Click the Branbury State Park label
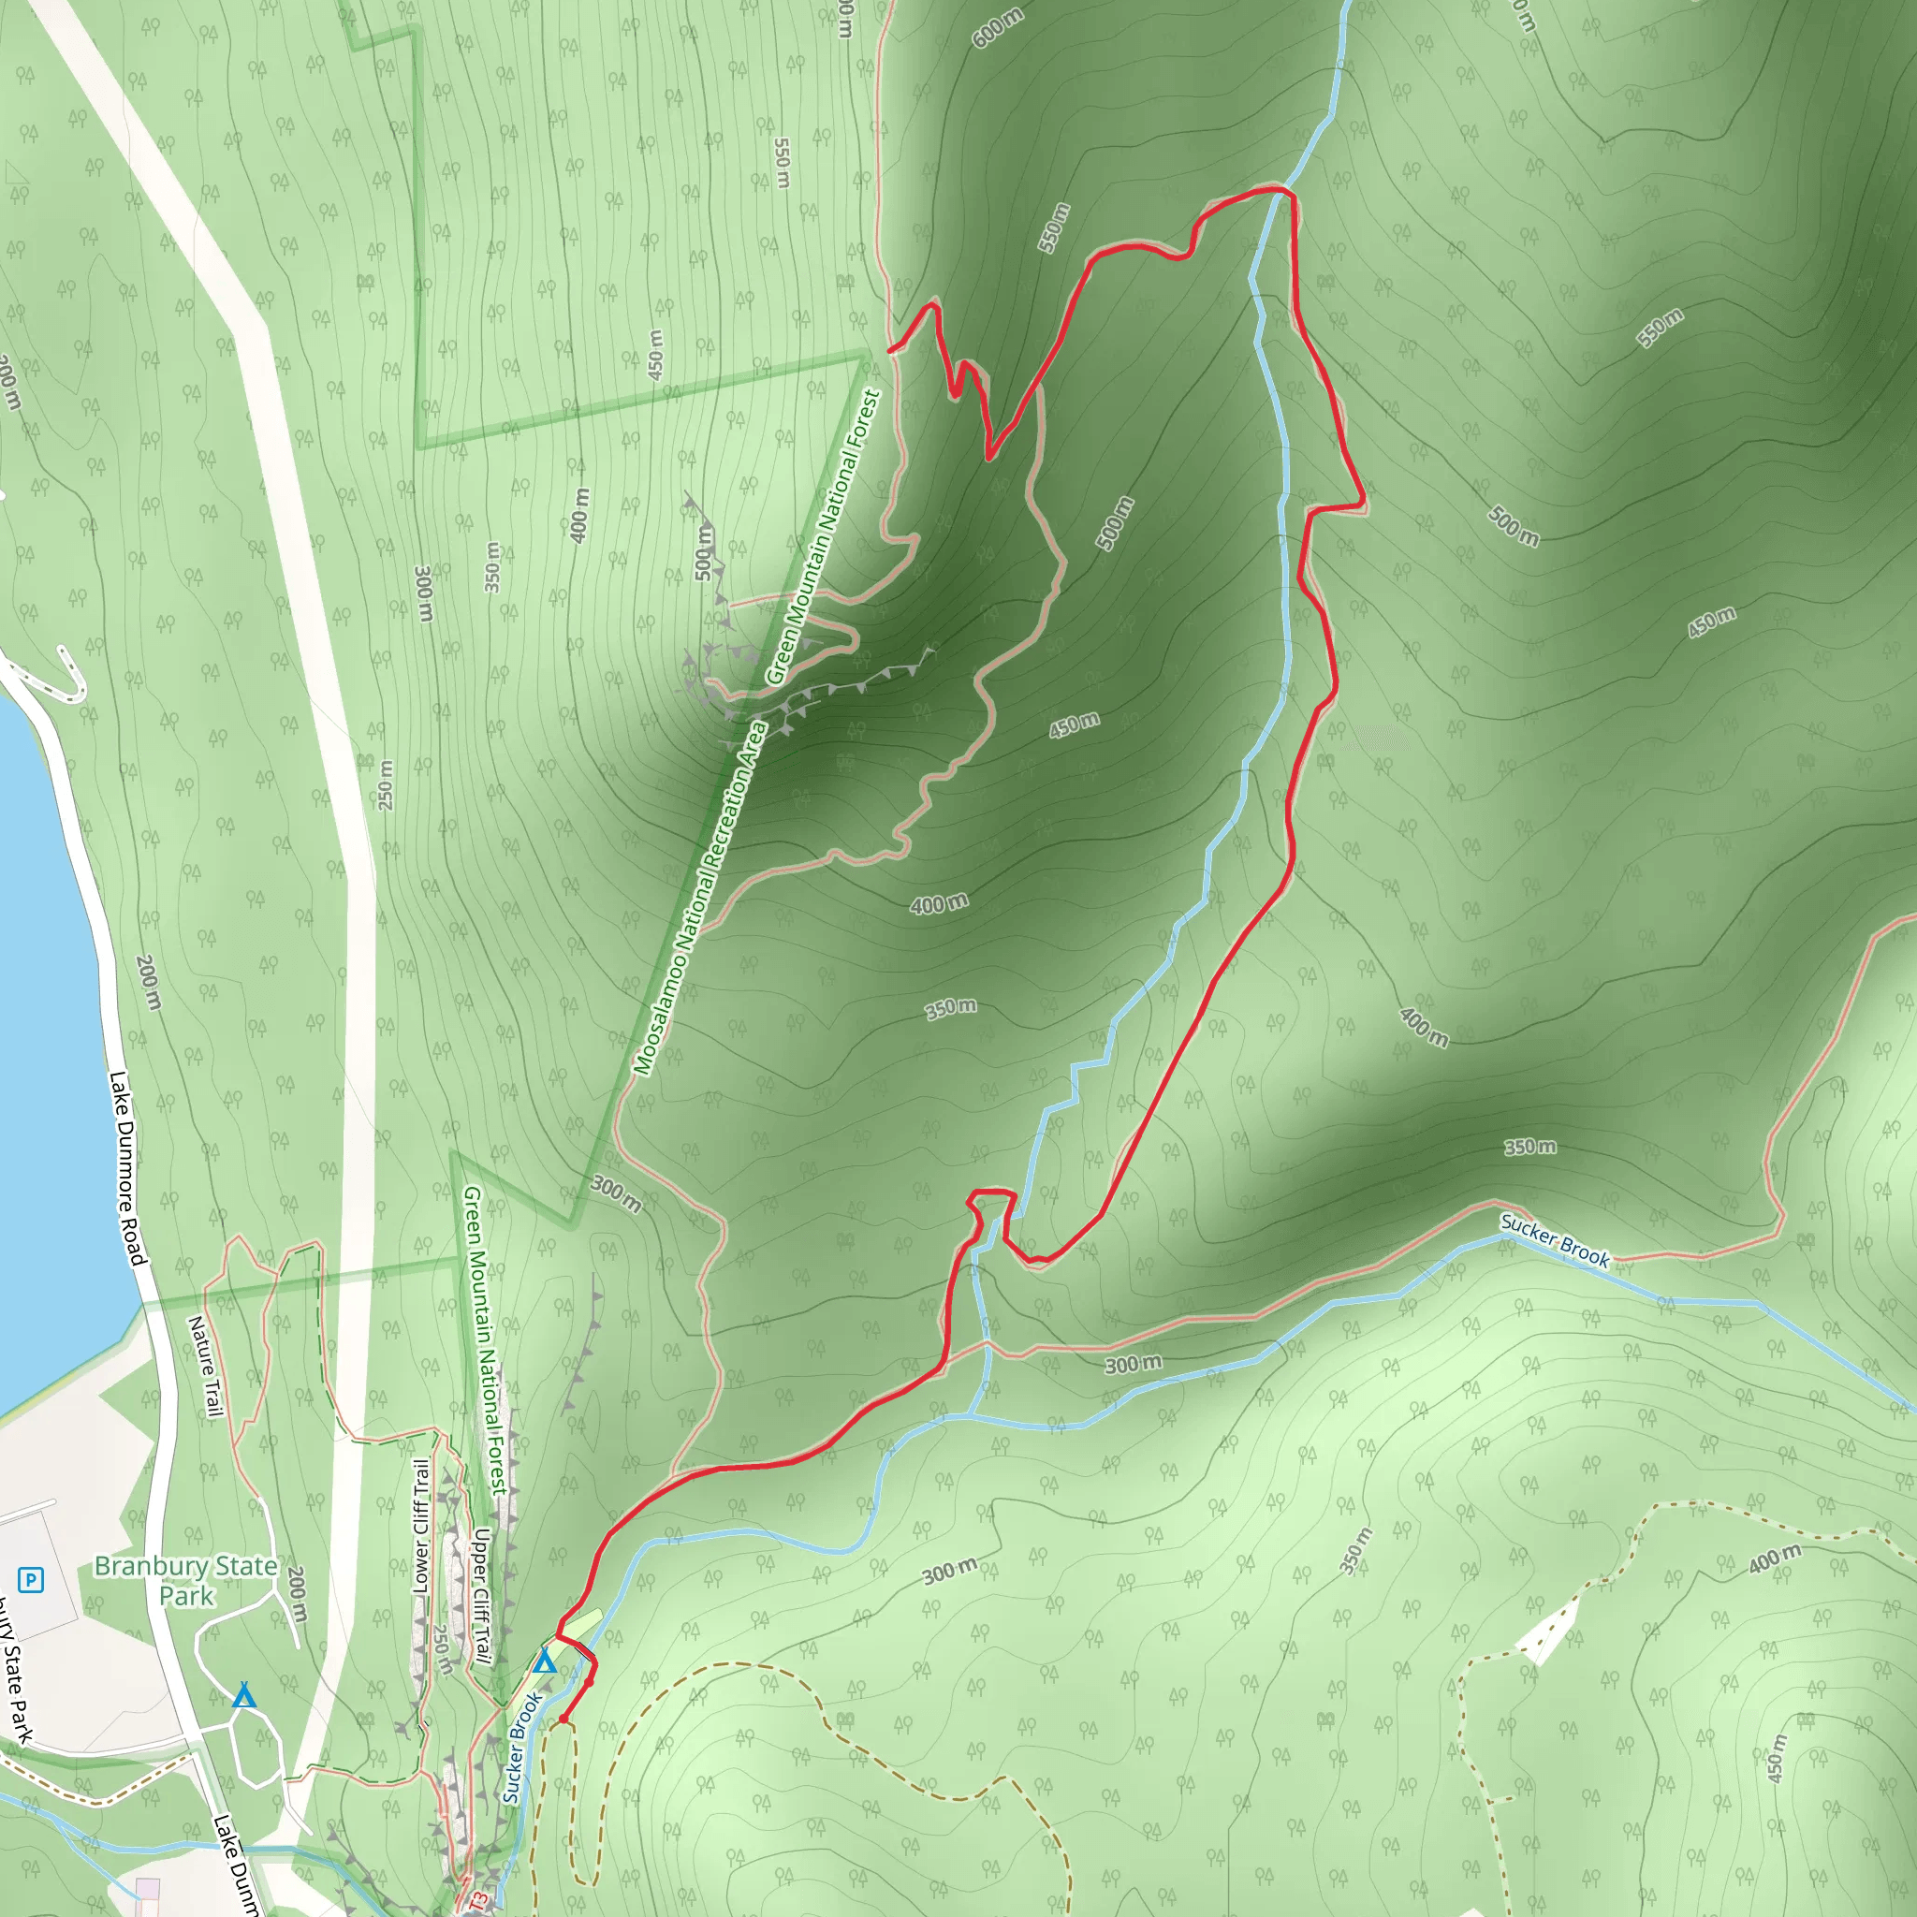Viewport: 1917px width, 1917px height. pyautogui.click(x=185, y=1581)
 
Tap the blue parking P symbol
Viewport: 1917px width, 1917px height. pyautogui.click(x=31, y=1579)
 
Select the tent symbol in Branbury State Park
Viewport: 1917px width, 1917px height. pyautogui.click(x=244, y=1696)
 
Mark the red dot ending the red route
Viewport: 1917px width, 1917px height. pyautogui.click(x=563, y=1719)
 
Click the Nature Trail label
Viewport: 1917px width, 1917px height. pyautogui.click(x=205, y=1367)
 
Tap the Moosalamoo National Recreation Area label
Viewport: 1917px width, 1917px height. pyautogui.click(x=701, y=899)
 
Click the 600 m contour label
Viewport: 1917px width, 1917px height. pyautogui.click(x=997, y=28)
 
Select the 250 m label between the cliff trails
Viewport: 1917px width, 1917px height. pyautogui.click(x=442, y=1650)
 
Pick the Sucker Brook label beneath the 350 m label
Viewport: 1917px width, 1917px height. pyautogui.click(x=1554, y=1240)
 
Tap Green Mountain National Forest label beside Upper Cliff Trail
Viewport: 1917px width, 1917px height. pyautogui.click(x=485, y=1339)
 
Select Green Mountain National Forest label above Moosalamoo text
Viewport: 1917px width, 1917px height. pyautogui.click(x=824, y=536)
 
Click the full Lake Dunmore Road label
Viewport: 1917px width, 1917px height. pyautogui.click(x=128, y=1168)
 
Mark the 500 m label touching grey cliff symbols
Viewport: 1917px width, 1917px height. pyautogui.click(x=704, y=551)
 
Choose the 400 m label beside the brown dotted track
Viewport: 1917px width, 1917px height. pyautogui.click(x=1775, y=1558)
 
